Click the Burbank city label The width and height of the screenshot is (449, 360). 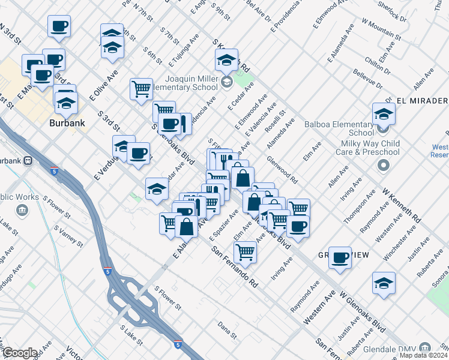tap(67, 123)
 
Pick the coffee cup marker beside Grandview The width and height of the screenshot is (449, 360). tap(340, 258)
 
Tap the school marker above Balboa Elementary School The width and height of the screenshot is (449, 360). tap(383, 113)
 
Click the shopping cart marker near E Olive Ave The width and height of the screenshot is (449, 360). tap(141, 89)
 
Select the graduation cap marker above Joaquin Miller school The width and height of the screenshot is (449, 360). tap(226, 60)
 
